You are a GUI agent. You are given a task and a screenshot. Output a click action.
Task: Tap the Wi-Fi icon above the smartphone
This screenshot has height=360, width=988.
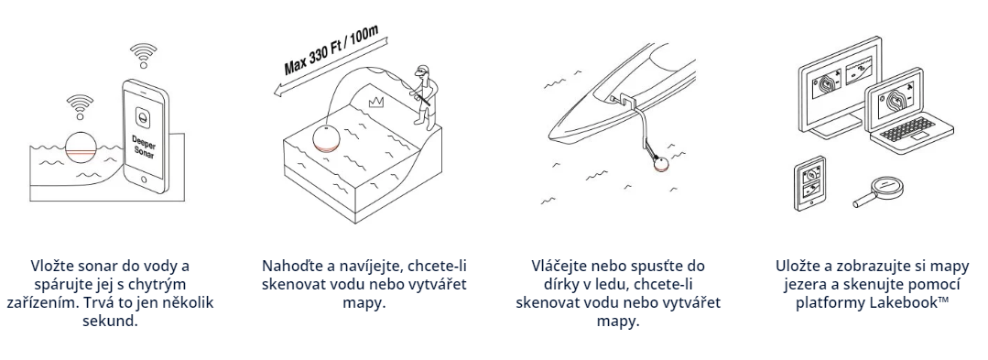[x=143, y=55]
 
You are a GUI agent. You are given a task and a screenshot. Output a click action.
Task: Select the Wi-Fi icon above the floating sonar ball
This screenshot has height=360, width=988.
[x=80, y=105]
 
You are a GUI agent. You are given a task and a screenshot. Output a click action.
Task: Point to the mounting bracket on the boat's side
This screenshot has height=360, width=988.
[x=628, y=99]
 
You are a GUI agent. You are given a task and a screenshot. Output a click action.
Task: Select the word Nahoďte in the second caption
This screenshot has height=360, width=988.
[x=290, y=266]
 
